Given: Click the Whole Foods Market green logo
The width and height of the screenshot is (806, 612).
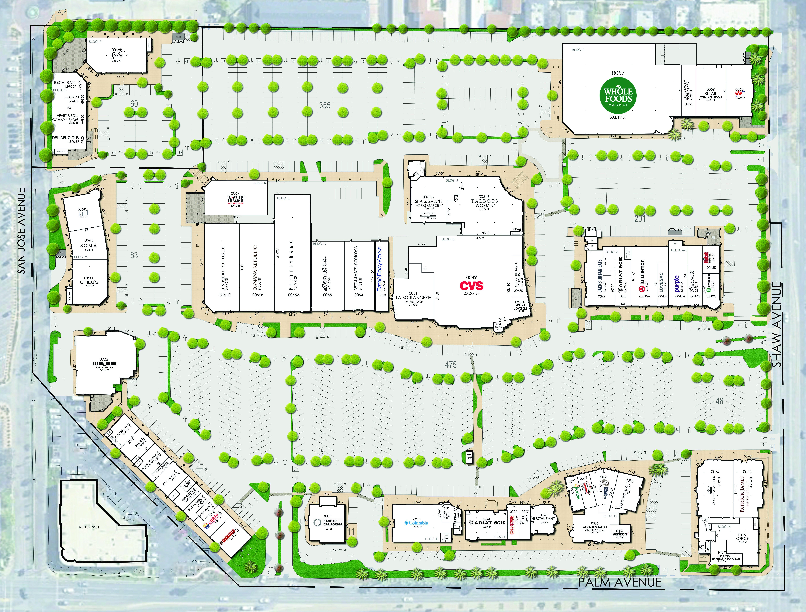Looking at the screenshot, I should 618,96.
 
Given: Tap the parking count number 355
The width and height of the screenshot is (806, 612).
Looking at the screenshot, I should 325,105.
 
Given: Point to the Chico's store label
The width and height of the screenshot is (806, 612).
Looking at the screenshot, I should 89,282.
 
